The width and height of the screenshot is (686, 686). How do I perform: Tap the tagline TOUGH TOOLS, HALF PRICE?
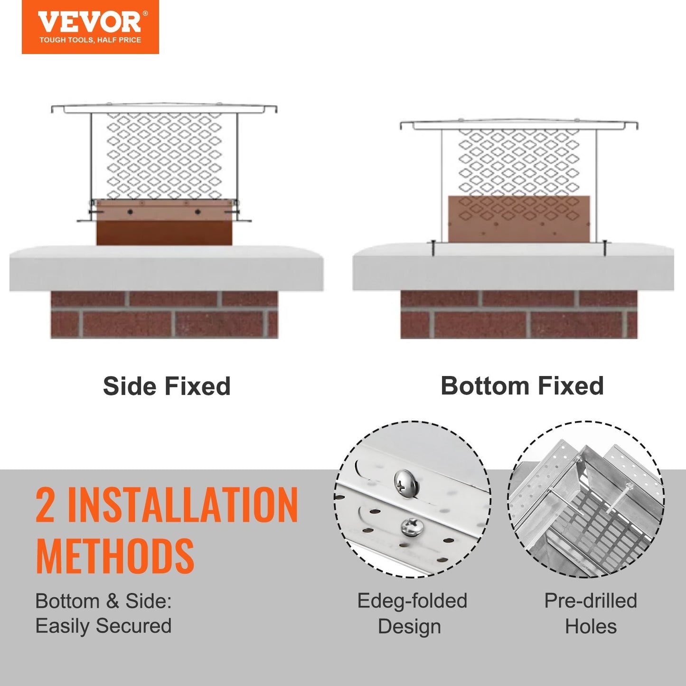click(90, 40)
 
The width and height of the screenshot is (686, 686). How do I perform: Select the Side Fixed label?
click(167, 386)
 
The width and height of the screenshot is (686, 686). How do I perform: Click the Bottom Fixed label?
click(522, 386)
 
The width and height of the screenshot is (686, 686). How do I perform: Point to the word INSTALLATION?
click(183, 506)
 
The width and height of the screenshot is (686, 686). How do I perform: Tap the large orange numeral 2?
click(46, 506)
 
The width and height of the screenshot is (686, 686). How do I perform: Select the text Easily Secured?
click(103, 626)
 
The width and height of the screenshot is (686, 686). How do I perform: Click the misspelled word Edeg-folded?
click(412, 601)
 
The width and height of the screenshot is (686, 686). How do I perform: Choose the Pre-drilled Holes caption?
click(591, 613)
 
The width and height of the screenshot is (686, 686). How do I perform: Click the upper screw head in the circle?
click(406, 483)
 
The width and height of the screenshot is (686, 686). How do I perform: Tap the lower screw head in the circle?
click(411, 527)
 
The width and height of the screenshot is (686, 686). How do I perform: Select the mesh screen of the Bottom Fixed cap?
click(519, 161)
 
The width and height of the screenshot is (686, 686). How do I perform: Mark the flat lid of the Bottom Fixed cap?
click(519, 125)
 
